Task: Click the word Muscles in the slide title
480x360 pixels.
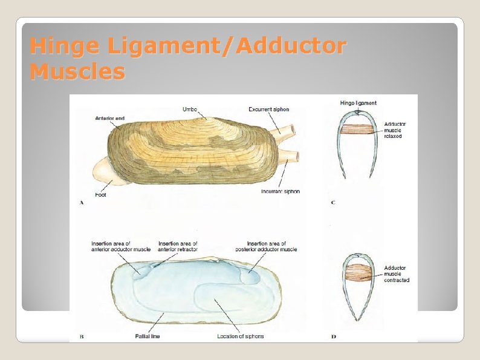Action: pyautogui.click(x=77, y=73)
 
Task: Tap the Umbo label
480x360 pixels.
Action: pyautogui.click(x=190, y=110)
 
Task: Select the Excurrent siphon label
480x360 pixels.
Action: pyautogui.click(x=269, y=110)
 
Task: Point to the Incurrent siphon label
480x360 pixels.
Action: pyautogui.click(x=281, y=191)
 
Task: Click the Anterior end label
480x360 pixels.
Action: pyautogui.click(x=109, y=118)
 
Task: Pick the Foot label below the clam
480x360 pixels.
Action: pyautogui.click(x=101, y=195)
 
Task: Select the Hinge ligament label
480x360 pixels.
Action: pyautogui.click(x=358, y=103)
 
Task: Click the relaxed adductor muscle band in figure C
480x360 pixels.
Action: pyautogui.click(x=358, y=129)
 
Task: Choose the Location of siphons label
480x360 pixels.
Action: pyautogui.click(x=240, y=336)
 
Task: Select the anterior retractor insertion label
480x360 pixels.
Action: pyautogui.click(x=178, y=246)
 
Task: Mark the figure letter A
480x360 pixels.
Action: pyautogui.click(x=82, y=203)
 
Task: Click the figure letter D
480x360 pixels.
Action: pyautogui.click(x=334, y=336)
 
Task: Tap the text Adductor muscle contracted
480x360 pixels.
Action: pyautogui.click(x=397, y=273)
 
